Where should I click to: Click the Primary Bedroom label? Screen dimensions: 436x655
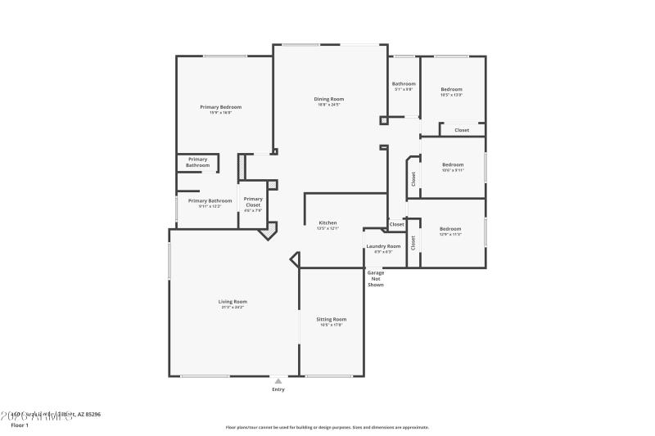(221, 107)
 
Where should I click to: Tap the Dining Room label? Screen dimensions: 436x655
(328, 99)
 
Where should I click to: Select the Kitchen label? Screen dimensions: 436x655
(327, 222)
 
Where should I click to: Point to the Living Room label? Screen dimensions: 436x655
(233, 302)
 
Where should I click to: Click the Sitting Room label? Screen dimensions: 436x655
(331, 319)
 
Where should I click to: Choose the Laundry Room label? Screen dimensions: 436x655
(383, 246)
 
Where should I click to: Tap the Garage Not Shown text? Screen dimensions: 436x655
(375, 278)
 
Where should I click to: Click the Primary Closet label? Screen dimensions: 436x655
(253, 201)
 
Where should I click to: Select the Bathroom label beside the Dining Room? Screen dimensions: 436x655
(404, 83)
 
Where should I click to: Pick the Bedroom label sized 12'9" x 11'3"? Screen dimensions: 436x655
(450, 229)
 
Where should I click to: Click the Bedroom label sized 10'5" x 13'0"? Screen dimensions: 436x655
(451, 89)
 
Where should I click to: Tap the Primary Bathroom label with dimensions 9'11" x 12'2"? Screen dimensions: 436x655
(210, 200)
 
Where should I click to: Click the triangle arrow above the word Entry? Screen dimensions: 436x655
(278, 380)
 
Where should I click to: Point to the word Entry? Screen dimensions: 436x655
(278, 389)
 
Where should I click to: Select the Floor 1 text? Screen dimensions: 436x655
(19, 425)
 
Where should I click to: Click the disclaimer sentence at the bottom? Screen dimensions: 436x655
(327, 427)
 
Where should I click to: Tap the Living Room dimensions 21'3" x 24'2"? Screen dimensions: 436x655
(233, 308)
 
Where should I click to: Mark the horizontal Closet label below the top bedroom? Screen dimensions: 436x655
(462, 130)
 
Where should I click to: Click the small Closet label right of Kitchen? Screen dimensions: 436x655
(396, 224)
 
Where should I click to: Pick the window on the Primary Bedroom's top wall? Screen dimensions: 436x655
(225, 56)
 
